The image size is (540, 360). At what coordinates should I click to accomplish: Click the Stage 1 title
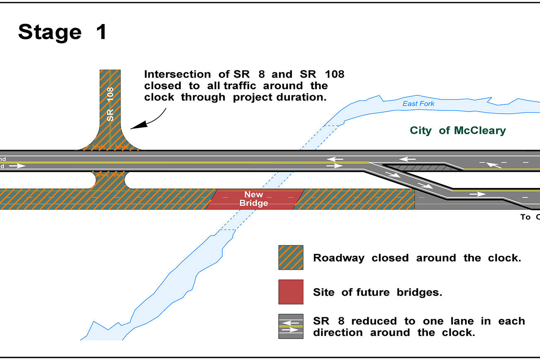coord(63,32)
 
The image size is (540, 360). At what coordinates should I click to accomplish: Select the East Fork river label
coord(418,103)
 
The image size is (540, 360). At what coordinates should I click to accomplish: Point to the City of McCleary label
coord(458,131)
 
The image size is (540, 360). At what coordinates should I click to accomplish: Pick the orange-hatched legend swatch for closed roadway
coord(291,258)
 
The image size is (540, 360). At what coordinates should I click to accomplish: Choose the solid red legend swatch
coord(291,292)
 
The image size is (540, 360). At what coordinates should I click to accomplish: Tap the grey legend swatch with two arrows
coord(291,326)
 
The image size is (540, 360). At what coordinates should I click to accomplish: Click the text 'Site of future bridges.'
coord(377,292)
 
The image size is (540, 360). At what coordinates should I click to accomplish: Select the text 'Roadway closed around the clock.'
coord(417,258)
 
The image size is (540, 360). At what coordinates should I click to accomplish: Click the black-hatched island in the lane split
coord(423,167)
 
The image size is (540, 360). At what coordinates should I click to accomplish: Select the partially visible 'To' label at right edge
coord(525,217)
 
